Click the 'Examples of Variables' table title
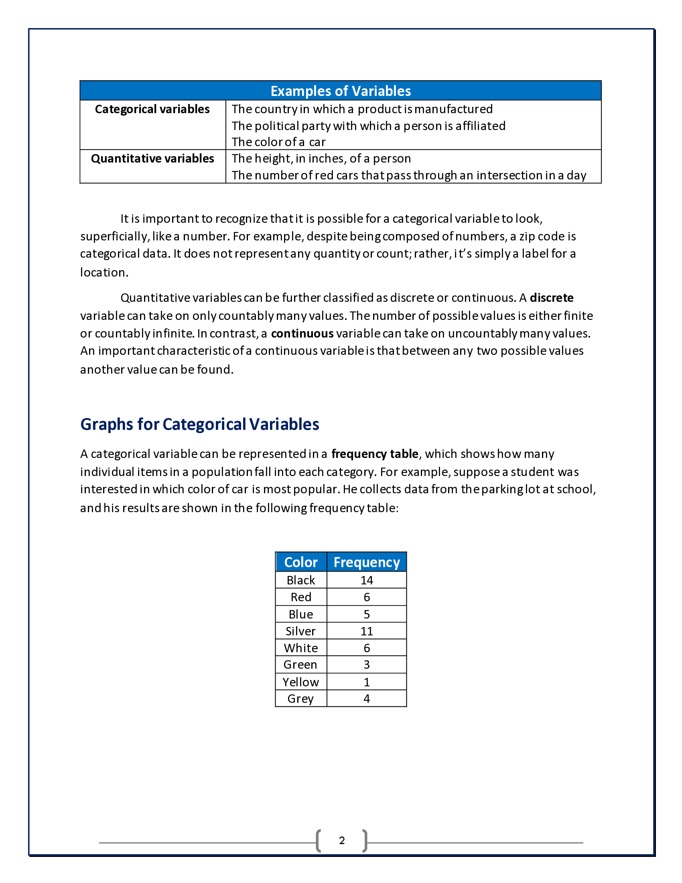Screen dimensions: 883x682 (341, 91)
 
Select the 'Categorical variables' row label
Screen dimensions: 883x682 (152, 109)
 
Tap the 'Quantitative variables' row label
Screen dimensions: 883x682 (152, 159)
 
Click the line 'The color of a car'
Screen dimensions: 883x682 (278, 142)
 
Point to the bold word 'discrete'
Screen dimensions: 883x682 (552, 297)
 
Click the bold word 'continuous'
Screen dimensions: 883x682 (302, 333)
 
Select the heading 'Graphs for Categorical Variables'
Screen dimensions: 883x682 (200, 424)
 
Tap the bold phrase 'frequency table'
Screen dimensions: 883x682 (375, 454)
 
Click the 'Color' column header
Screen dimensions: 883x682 (300, 562)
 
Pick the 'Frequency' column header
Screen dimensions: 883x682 (366, 562)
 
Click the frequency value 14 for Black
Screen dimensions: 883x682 (366, 580)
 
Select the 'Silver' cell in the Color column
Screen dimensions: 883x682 (300, 631)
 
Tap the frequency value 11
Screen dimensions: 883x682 (366, 631)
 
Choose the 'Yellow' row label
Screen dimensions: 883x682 (300, 682)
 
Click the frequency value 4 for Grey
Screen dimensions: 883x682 (366, 699)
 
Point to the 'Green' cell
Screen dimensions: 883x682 (300, 664)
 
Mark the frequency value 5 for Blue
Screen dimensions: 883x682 (366, 614)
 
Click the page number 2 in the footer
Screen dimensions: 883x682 (342, 840)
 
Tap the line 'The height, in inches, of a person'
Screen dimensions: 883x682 (321, 159)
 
